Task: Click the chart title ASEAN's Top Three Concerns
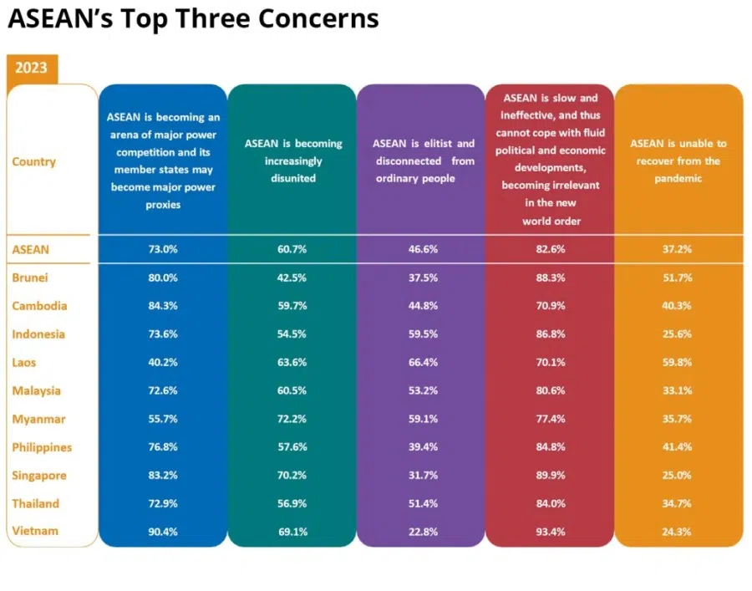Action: pyautogui.click(x=193, y=19)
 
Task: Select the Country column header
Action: pyautogui.click(x=33, y=161)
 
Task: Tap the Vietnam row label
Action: pyautogui.click(x=34, y=531)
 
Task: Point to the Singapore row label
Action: pyautogui.click(x=39, y=476)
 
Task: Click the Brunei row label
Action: pyautogui.click(x=29, y=278)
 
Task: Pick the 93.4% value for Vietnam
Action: pyautogui.click(x=550, y=532)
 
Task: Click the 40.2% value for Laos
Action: pyautogui.click(x=162, y=363)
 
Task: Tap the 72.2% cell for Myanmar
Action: pyautogui.click(x=292, y=419)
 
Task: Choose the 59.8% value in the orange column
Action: pyautogui.click(x=678, y=363)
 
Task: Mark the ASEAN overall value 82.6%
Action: pyautogui.click(x=550, y=249)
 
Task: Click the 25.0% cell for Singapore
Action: pyautogui.click(x=678, y=476)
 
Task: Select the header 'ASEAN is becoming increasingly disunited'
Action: pyautogui.click(x=292, y=160)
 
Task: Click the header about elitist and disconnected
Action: pyautogui.click(x=421, y=160)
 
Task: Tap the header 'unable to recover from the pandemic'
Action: pyautogui.click(x=678, y=160)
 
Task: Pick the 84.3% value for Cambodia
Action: pyautogui.click(x=162, y=306)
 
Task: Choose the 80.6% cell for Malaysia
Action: pyautogui.click(x=550, y=390)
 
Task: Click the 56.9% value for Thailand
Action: pyautogui.click(x=292, y=504)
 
